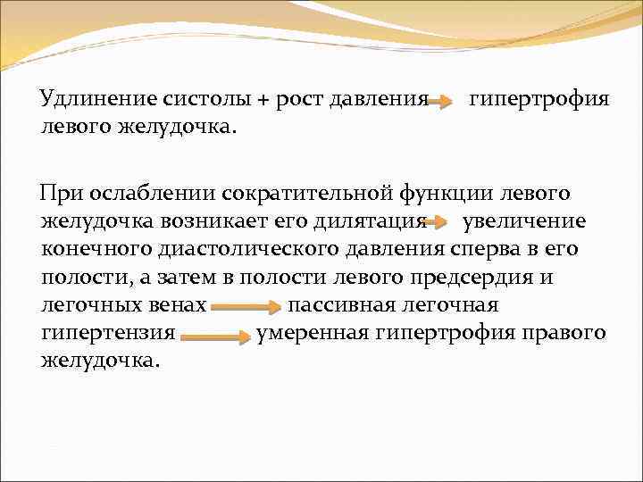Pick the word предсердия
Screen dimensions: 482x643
[482, 277]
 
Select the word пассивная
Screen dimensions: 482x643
[342, 305]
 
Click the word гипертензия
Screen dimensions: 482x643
[107, 333]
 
